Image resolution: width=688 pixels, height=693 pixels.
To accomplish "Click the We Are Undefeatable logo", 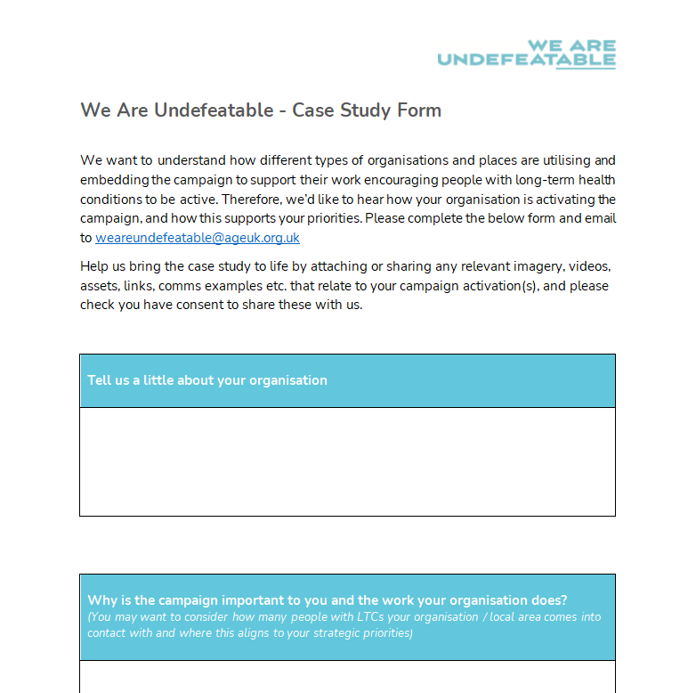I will [526, 54].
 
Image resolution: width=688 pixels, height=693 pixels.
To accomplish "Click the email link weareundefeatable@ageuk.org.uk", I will [198, 238].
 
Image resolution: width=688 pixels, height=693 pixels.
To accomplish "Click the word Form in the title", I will [420, 110].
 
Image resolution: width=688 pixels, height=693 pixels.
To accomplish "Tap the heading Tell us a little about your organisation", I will [207, 380].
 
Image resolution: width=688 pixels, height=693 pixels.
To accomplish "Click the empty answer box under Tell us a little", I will [347, 461].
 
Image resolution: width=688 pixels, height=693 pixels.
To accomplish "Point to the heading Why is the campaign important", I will [328, 599].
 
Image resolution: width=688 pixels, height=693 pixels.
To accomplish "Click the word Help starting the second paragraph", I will [94, 266].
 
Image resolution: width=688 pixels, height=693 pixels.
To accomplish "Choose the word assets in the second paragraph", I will [99, 286].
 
